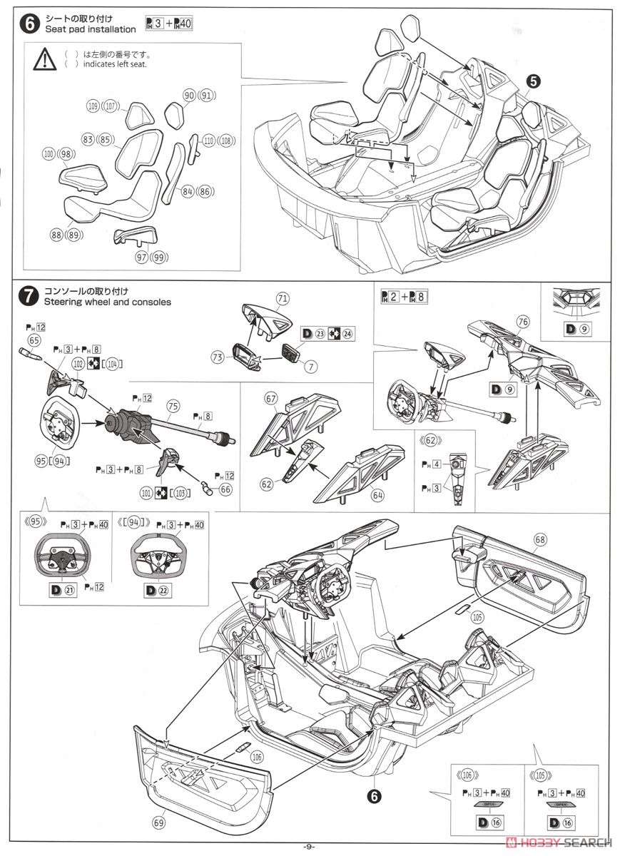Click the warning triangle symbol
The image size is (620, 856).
(x=44, y=58)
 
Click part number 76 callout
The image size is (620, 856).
(x=523, y=322)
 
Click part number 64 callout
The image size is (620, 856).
(x=377, y=494)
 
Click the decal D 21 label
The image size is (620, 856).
(x=62, y=589)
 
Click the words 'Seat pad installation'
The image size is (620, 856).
(x=90, y=29)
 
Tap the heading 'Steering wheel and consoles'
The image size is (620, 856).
(x=107, y=302)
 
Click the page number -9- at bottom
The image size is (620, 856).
(x=308, y=847)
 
